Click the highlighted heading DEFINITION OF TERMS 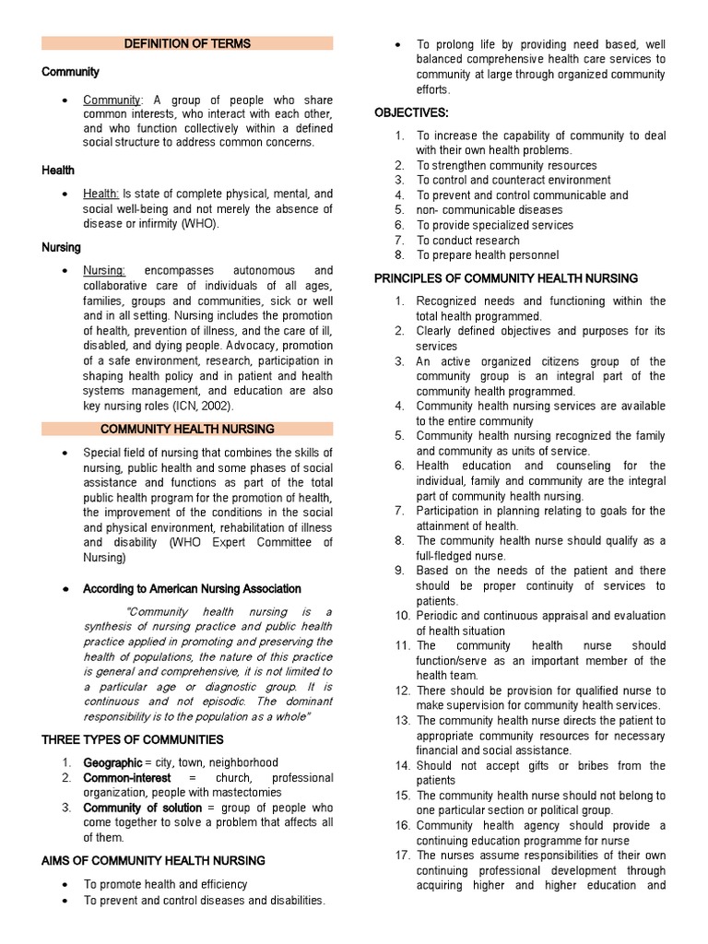tap(187, 43)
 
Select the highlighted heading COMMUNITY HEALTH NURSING tap(187, 429)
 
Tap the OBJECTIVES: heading tap(411, 112)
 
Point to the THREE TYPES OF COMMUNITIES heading tap(133, 739)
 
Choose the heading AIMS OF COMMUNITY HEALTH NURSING tap(154, 860)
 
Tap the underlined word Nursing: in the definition tap(104, 271)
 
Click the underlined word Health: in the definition tap(101, 195)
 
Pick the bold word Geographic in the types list tap(112, 762)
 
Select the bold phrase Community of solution tap(143, 808)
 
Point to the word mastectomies tap(248, 792)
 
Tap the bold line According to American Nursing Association tap(192, 588)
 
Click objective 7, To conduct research tap(468, 240)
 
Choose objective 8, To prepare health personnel tap(488, 255)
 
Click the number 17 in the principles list tap(401, 855)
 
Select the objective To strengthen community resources tap(494, 165)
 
